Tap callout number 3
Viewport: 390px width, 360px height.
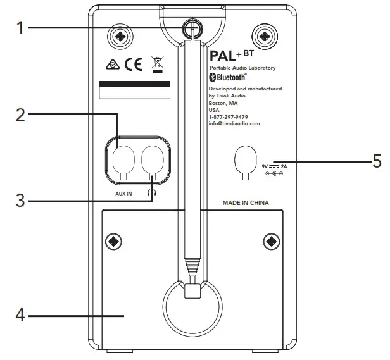(20, 201)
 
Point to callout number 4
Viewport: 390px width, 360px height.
(20, 315)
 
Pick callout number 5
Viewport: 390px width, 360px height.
(377, 163)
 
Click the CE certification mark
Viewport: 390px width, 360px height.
(134, 65)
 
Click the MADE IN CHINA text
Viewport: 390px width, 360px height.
(246, 204)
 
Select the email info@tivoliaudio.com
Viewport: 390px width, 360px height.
(234, 124)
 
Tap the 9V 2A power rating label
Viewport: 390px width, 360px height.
(275, 168)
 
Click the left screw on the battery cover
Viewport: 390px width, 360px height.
(113, 241)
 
